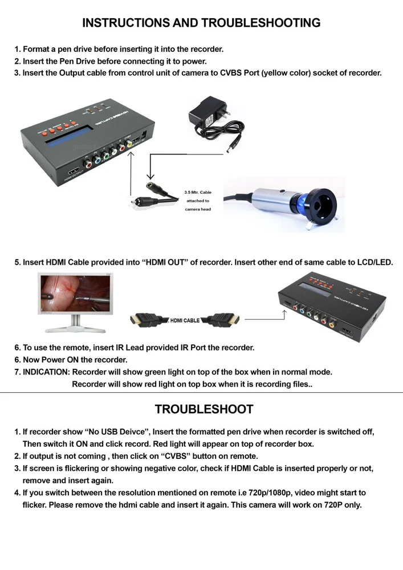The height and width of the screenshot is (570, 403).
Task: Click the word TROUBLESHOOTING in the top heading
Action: click(260, 23)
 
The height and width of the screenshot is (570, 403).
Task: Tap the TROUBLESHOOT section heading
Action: click(204, 409)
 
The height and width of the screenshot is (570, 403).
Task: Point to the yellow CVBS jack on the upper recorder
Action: click(129, 144)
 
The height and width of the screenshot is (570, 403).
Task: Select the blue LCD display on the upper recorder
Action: click(67, 136)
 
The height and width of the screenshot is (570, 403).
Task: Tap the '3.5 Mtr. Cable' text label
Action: click(198, 192)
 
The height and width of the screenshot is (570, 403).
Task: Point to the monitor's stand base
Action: click(76, 329)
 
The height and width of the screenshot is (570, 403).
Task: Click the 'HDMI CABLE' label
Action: click(185, 320)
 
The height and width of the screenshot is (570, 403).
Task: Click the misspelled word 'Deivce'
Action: click(133, 432)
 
